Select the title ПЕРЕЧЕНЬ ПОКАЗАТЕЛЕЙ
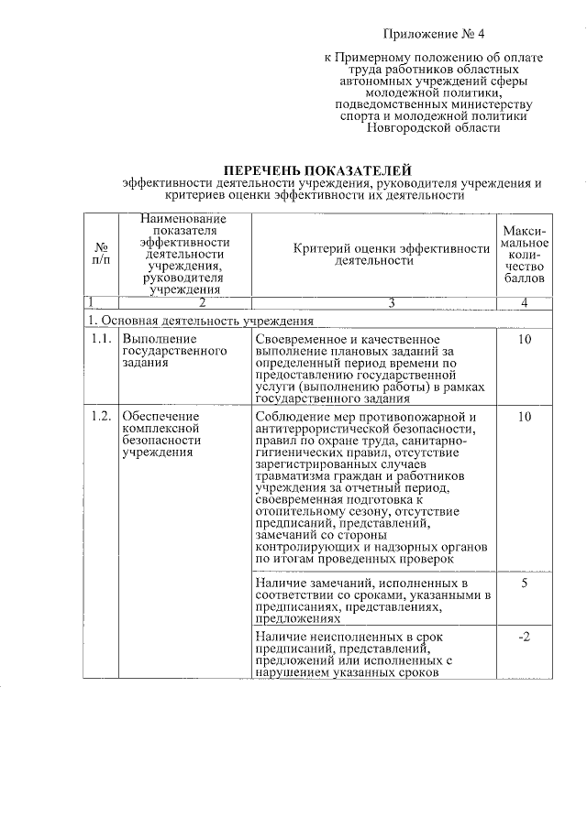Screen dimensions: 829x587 pyautogui.click(x=318, y=169)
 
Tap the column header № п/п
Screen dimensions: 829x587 pyautogui.click(x=101, y=254)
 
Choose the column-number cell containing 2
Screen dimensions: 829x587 pyautogui.click(x=184, y=301)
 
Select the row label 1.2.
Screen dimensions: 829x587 pyautogui.click(x=101, y=417)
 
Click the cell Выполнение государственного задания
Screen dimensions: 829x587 pyautogui.click(x=174, y=350)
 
